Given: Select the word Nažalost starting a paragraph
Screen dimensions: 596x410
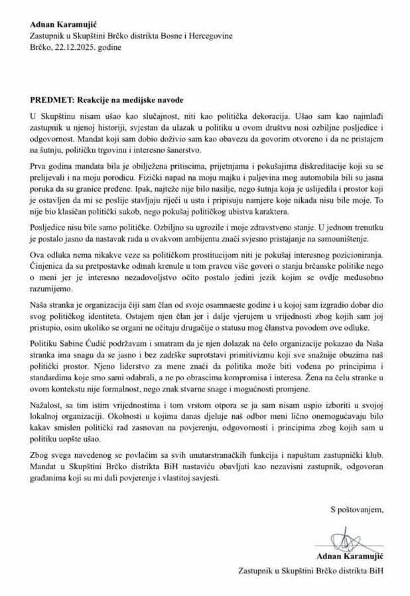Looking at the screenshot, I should (x=48, y=405).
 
